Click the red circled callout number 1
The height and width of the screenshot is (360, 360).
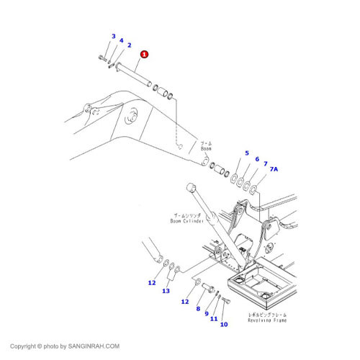point(144,54)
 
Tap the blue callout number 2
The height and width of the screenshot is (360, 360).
point(129,46)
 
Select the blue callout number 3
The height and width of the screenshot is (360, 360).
point(113,36)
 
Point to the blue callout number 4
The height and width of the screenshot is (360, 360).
point(121,41)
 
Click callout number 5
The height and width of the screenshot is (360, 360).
point(246,153)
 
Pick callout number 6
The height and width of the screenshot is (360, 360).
point(256,159)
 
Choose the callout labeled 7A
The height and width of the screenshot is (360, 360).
point(265,164)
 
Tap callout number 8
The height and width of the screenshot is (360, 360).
point(198,309)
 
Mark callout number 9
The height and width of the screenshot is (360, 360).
point(206,314)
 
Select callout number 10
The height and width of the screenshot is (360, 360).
point(223,325)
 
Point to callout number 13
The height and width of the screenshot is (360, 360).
point(166,291)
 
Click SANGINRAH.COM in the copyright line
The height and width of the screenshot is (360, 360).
point(93,346)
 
